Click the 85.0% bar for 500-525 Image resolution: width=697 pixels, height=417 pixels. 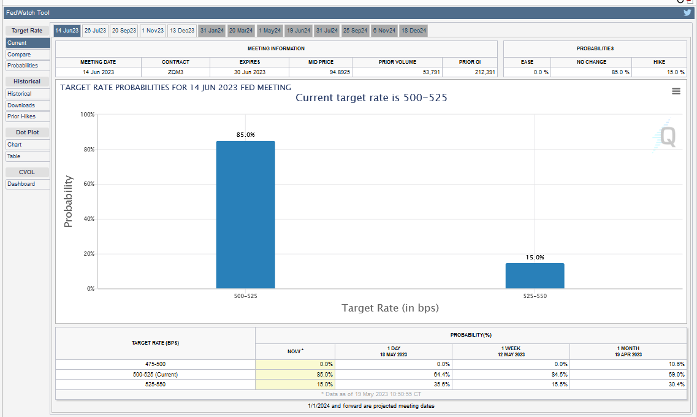(245, 215)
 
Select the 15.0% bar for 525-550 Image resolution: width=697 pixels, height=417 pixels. (535, 275)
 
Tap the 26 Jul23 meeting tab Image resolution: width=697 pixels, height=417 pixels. (95, 31)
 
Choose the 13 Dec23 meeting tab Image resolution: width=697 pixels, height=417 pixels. (182, 31)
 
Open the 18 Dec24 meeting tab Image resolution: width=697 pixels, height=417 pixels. (414, 31)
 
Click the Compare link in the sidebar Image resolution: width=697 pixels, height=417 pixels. (19, 54)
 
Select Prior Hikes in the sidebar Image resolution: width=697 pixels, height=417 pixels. (21, 117)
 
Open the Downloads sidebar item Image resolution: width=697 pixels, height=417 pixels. (21, 105)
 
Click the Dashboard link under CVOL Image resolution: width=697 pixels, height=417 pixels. (21, 184)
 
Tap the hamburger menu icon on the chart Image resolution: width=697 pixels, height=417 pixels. (676, 91)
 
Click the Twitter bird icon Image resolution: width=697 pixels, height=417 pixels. (688, 12)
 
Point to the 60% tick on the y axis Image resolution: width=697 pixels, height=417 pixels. (89, 184)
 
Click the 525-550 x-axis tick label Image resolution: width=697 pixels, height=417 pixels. (535, 296)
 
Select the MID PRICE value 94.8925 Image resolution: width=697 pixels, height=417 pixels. (340, 72)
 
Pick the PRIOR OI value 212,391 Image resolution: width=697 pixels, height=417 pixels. (484, 72)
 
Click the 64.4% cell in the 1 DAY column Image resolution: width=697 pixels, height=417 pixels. (441, 375)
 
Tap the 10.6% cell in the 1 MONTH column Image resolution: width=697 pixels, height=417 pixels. (677, 364)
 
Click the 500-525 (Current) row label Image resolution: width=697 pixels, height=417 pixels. (155, 375)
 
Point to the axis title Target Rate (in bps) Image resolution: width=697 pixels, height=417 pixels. (390, 308)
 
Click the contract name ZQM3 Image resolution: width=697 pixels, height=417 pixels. (175, 72)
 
